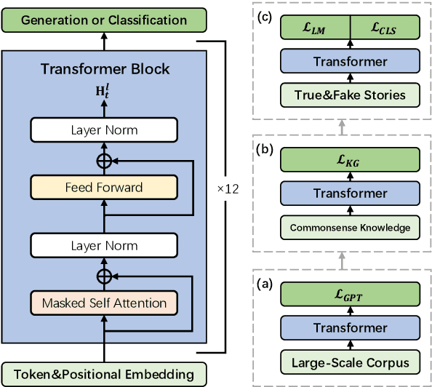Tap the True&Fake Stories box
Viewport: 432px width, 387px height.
pos(351,94)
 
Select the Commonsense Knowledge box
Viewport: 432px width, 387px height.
pos(351,227)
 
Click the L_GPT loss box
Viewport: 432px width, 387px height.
pos(351,295)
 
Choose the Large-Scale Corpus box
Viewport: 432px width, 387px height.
pos(351,362)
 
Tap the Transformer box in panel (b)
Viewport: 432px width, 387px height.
pos(351,193)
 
